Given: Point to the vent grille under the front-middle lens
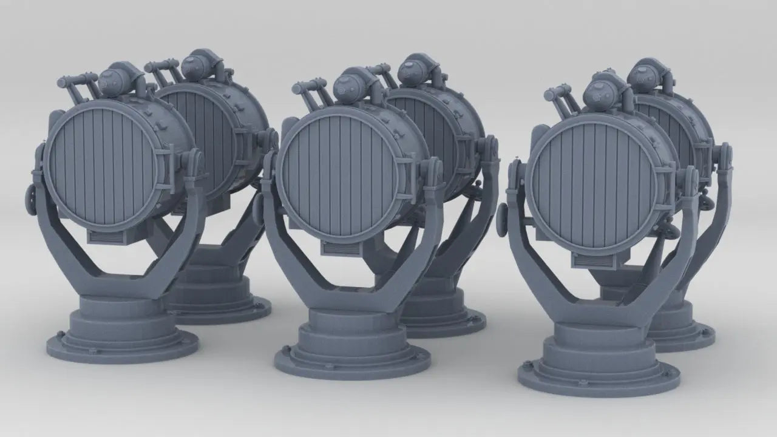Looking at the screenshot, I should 339,248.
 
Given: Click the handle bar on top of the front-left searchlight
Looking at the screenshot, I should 76,81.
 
